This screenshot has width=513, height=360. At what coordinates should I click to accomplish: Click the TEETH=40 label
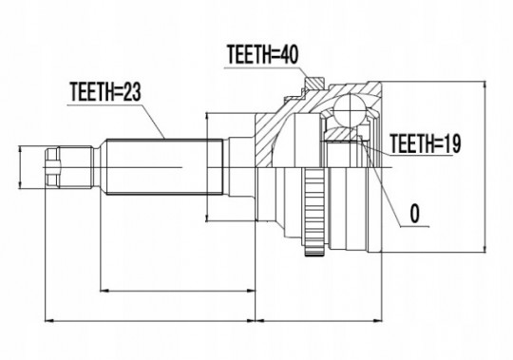(263, 54)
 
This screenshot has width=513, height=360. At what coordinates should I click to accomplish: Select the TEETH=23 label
(105, 92)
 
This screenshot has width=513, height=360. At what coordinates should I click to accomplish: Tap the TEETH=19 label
(426, 143)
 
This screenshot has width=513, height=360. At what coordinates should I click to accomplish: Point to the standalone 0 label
(414, 214)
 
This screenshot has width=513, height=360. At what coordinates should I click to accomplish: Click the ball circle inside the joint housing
(350, 110)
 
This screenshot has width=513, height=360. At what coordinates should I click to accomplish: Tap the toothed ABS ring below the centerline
(314, 212)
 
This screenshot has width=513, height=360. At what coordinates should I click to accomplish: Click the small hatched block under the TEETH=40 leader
(314, 83)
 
